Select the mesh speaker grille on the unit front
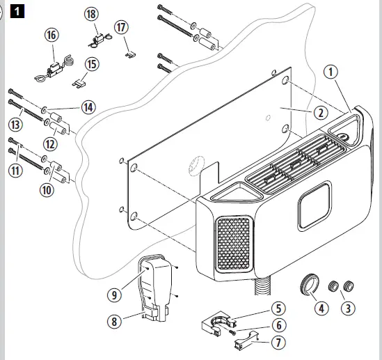[x=233, y=243]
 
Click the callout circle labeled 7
[x=278, y=343]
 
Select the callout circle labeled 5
[x=277, y=307]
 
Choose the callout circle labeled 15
[x=91, y=64]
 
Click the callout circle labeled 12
[x=49, y=144]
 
